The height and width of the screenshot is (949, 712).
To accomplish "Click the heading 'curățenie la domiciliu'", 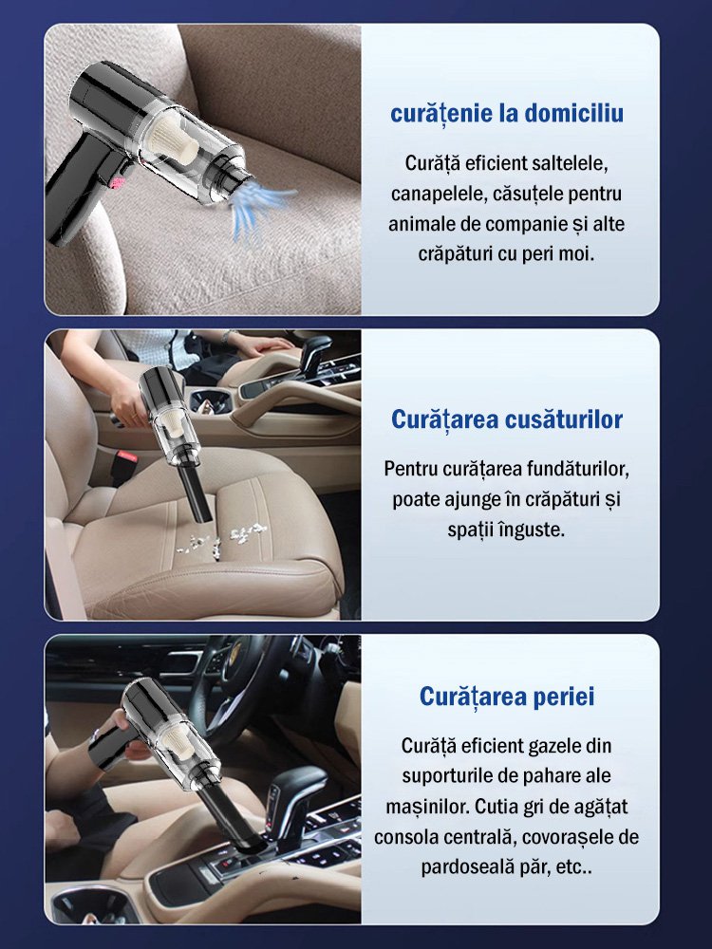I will click(x=507, y=115).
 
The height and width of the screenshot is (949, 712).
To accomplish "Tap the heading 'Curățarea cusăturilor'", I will click(x=507, y=419).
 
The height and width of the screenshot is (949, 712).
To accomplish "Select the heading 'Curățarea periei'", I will click(x=507, y=698).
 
